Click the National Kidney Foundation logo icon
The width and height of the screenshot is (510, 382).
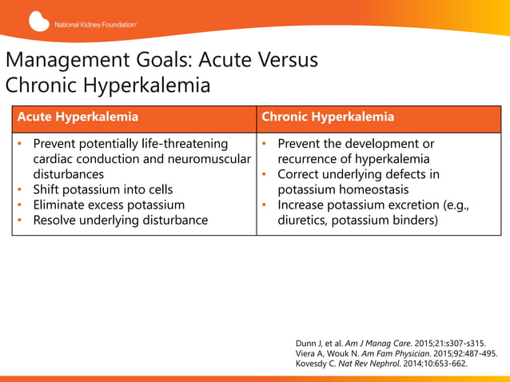tap(39, 22)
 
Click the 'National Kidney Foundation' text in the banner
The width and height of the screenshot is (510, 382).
tap(96, 24)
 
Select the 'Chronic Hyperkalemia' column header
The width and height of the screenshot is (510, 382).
tap(328, 117)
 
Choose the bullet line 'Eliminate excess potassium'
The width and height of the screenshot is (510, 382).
tap(109, 205)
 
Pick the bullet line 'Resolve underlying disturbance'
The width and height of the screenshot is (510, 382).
tap(120, 220)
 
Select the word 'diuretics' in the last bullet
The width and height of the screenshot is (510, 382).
tap(306, 220)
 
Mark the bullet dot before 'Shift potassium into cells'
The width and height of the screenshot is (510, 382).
tap(20, 189)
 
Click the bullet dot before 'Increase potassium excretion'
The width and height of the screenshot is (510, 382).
tap(265, 205)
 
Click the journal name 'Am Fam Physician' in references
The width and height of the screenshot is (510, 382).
tap(388, 353)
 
